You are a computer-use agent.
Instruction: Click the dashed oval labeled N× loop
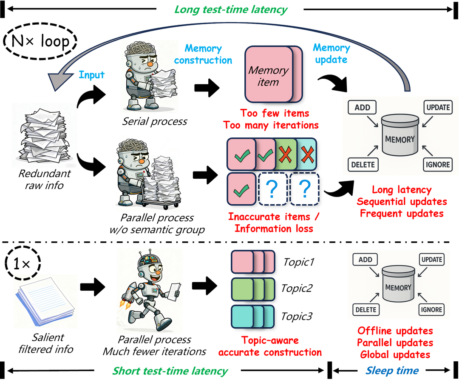coord(40,41)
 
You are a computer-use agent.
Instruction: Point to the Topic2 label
coord(297,289)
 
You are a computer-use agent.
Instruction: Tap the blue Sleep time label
coord(395,371)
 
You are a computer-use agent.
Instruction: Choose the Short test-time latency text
coord(170,371)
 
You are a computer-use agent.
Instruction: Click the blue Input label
coord(91,75)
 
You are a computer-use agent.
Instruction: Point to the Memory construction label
coord(203,54)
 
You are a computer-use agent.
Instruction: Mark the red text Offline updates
coord(395,331)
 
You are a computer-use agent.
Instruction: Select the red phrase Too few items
coord(275,114)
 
